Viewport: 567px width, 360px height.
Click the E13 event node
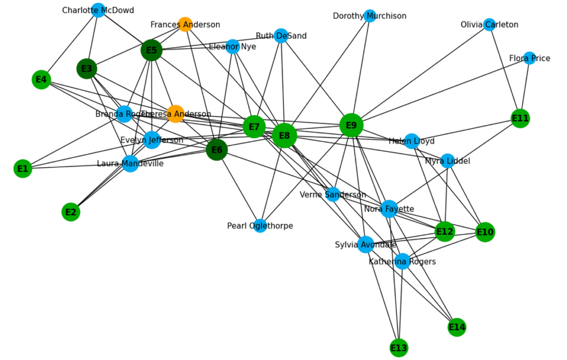click(x=399, y=348)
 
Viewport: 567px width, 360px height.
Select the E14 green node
click(x=457, y=327)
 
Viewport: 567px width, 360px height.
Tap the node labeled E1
click(x=23, y=168)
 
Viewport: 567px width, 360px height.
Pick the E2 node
click(x=71, y=212)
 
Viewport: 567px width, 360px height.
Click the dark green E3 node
click(x=87, y=69)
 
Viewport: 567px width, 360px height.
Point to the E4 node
click(x=42, y=80)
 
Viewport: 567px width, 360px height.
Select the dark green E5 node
click(x=151, y=50)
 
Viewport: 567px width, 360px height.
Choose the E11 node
click(x=520, y=118)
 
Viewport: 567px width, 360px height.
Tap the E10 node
click(x=484, y=232)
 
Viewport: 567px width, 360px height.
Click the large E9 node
click(x=351, y=125)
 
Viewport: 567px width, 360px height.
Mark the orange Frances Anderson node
click(x=185, y=24)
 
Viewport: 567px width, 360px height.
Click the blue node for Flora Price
click(x=529, y=58)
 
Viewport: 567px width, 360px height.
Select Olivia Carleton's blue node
click(x=489, y=24)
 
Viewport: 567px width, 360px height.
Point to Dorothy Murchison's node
click(x=370, y=16)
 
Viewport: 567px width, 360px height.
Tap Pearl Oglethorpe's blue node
click(x=260, y=225)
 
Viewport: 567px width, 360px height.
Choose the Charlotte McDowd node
click(x=98, y=10)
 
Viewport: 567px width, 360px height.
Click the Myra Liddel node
click(x=447, y=161)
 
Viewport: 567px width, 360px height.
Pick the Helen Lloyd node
click(x=411, y=141)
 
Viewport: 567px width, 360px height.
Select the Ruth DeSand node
click(x=281, y=35)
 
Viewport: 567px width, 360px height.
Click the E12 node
click(x=445, y=232)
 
